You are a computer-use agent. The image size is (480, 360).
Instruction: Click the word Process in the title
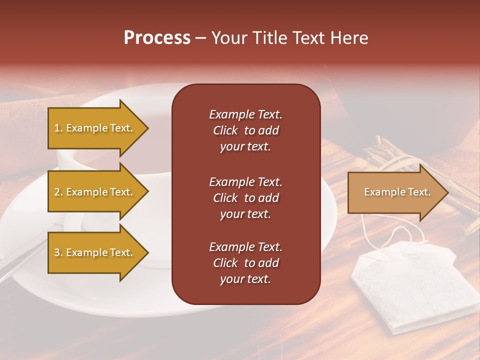[157, 38]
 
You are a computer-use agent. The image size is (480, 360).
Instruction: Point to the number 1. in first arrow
[58, 128]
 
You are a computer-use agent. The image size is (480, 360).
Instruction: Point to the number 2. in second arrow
[58, 192]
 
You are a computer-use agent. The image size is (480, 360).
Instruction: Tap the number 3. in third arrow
[58, 252]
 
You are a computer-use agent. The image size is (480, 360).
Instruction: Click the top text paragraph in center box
[245, 130]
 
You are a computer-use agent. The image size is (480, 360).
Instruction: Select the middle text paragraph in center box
[245, 197]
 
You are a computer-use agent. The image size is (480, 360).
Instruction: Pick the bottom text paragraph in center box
[245, 262]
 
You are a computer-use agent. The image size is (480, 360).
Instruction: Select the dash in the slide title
[200, 38]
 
